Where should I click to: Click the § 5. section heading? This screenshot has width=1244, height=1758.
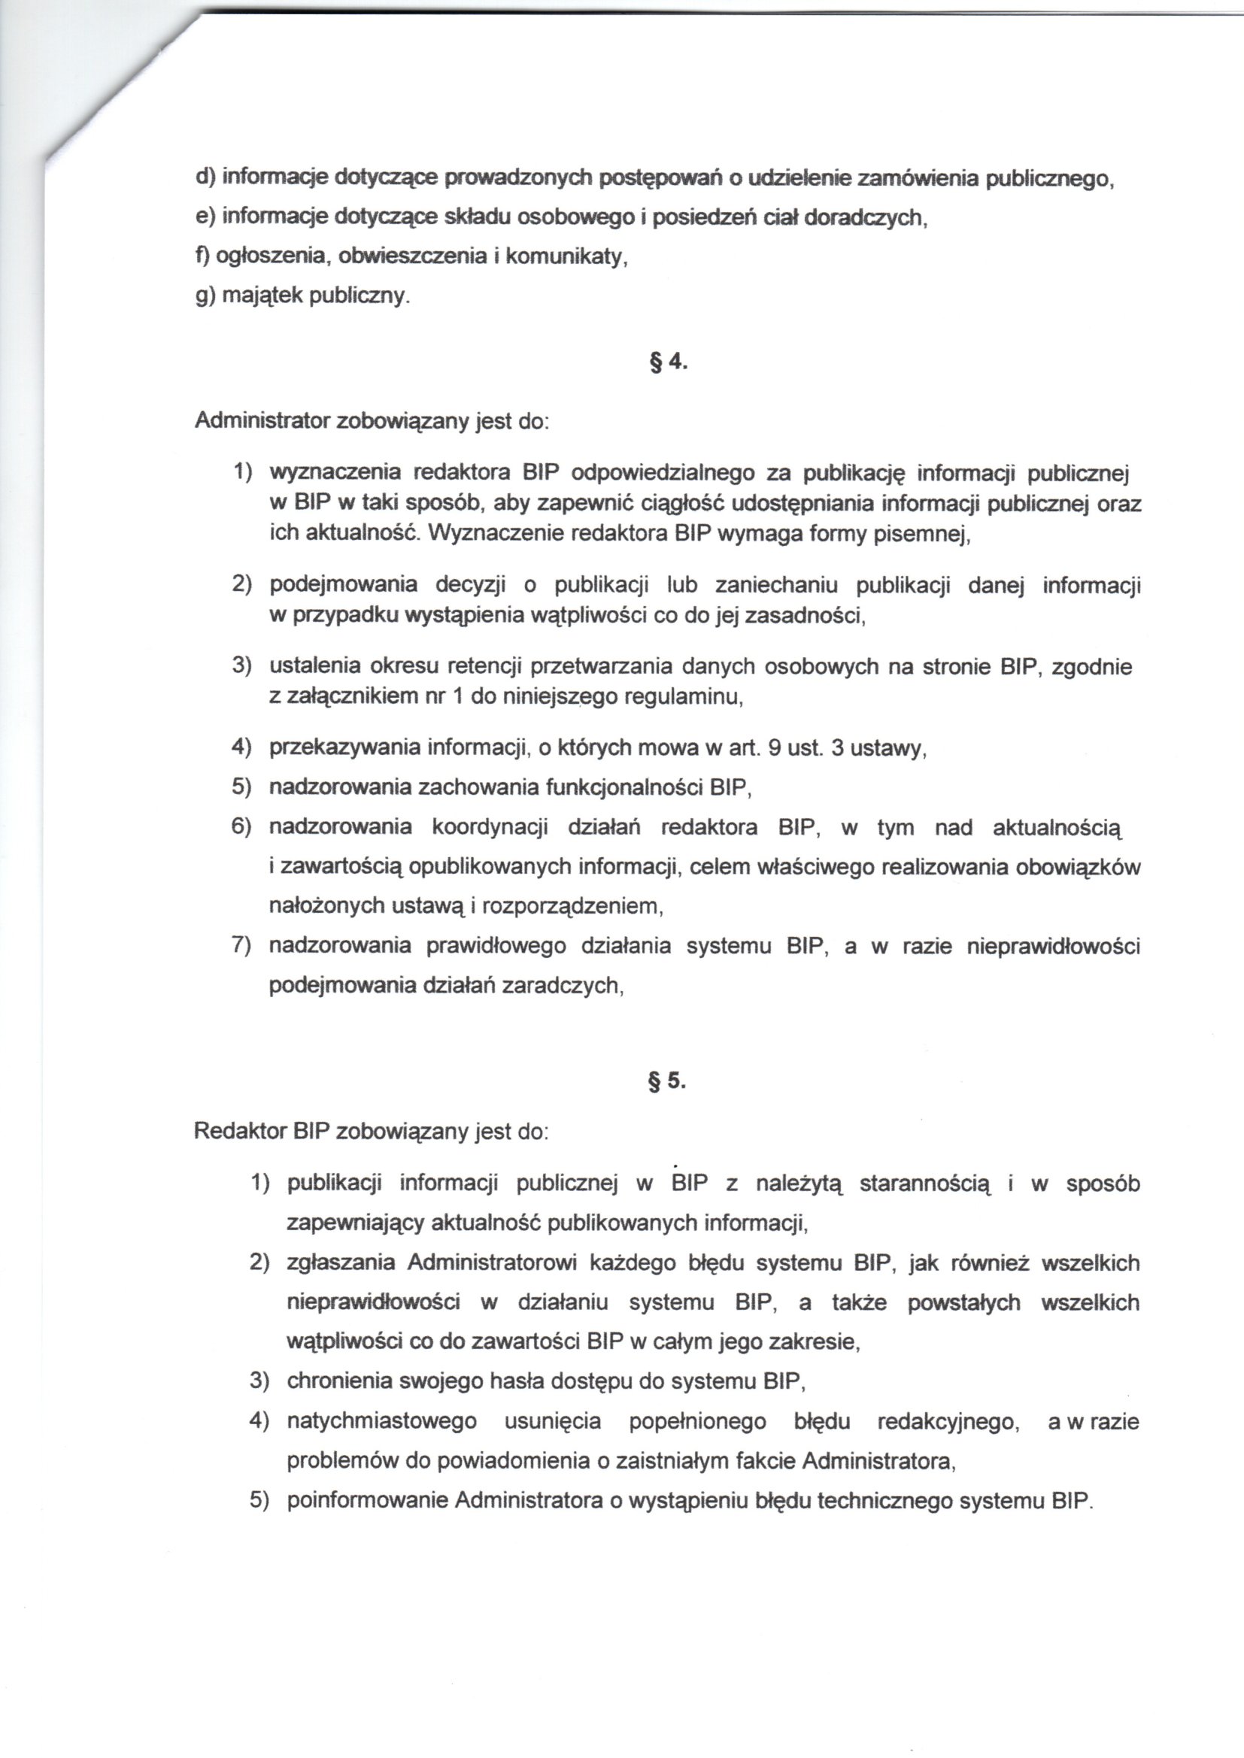[x=666, y=1082]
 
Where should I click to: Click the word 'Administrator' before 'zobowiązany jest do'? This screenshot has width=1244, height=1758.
[x=262, y=421]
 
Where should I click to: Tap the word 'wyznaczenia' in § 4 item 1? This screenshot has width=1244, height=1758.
[x=333, y=473]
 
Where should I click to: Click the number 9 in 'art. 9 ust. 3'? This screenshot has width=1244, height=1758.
[x=774, y=748]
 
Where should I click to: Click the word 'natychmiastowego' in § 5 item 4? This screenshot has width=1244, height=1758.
[x=381, y=1422]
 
